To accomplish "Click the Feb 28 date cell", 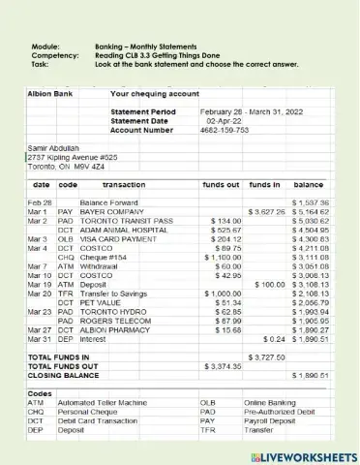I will click(x=40, y=201).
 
